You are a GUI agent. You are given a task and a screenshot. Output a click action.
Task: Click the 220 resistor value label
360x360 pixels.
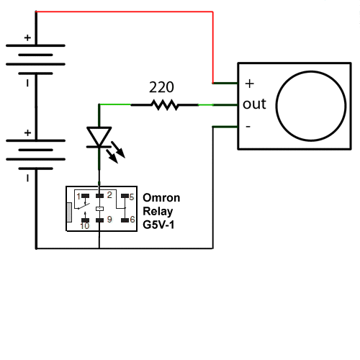pos(161,87)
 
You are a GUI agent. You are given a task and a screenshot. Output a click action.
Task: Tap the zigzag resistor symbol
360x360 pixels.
pos(165,105)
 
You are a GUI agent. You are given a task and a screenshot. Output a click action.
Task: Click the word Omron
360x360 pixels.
pos(161,198)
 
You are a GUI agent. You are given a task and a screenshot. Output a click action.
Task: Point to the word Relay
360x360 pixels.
pos(158,212)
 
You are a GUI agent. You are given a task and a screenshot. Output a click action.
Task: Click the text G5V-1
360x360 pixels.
pos(158,225)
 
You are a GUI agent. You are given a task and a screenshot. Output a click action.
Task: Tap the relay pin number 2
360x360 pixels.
pos(109,195)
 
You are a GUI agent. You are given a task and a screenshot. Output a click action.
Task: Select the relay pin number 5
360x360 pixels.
pos(132,197)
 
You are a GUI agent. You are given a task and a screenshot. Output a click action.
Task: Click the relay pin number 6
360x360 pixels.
pos(132,219)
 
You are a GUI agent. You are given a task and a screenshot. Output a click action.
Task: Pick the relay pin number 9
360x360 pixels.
pos(109,219)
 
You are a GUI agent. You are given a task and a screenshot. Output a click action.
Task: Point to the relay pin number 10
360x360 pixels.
pos(85,226)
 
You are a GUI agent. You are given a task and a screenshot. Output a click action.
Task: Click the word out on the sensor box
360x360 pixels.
pos(254,104)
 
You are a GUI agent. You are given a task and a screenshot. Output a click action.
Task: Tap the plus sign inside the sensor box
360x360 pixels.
pos(250,84)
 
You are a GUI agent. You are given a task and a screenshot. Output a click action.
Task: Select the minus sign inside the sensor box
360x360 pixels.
pos(248,127)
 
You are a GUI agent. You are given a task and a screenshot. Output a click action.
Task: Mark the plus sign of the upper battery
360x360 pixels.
pos(27,37)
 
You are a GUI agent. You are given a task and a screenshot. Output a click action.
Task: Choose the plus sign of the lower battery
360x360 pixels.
pos(27,132)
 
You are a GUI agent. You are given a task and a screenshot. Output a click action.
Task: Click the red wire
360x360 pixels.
pos(125,12)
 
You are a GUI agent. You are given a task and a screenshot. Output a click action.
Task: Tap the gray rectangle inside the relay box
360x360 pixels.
pos(69,212)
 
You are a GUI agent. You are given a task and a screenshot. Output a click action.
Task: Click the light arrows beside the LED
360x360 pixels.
pos(116,153)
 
